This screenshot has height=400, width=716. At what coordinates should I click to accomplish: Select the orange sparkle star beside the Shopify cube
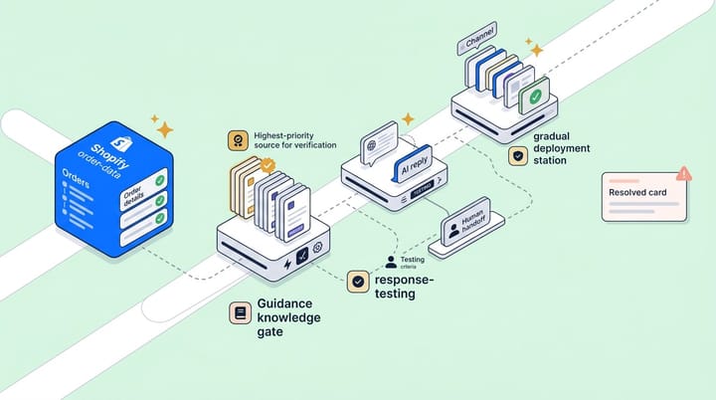(x=162, y=128)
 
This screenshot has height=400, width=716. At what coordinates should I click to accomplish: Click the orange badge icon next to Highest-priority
(x=237, y=139)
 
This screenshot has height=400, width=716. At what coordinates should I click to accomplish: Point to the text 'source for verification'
(x=295, y=145)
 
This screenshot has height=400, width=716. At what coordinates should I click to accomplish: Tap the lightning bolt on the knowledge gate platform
(x=287, y=265)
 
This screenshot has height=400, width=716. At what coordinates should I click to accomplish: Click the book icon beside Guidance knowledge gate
(x=239, y=313)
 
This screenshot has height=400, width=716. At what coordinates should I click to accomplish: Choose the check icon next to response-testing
(x=358, y=283)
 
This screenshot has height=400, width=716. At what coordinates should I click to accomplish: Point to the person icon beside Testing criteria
(x=391, y=263)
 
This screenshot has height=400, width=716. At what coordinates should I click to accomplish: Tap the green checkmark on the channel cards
(x=536, y=98)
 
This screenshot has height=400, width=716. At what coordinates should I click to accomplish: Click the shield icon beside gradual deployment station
(x=517, y=156)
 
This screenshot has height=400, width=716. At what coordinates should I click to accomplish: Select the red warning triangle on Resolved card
(x=683, y=173)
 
